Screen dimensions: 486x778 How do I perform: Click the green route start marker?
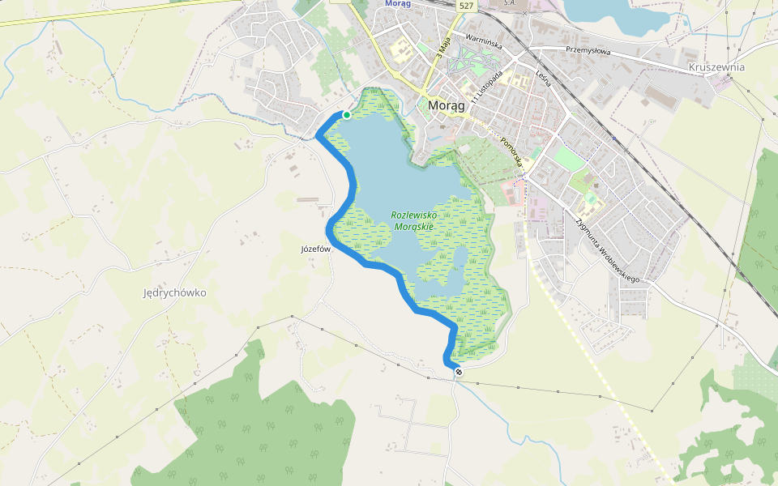click(x=347, y=115)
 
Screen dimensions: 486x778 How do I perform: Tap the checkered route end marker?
click(x=459, y=372)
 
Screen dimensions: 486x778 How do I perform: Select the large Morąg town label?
click(x=446, y=106)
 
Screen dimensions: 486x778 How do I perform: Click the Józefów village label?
click(x=317, y=250)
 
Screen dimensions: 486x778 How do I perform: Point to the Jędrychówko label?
click(x=174, y=292)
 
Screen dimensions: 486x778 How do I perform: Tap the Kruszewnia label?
click(x=716, y=67)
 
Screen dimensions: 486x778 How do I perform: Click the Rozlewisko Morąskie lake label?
click(x=413, y=221)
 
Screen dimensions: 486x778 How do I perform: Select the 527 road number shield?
click(x=465, y=6)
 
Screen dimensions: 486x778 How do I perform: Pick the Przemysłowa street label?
click(x=588, y=51)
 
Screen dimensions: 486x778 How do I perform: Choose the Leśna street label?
click(x=543, y=79)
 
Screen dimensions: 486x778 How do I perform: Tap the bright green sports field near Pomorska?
click(x=570, y=158)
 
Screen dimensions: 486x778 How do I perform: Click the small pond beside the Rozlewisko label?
click(x=459, y=259)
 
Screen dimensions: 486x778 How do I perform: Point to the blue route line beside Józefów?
click(x=331, y=235)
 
